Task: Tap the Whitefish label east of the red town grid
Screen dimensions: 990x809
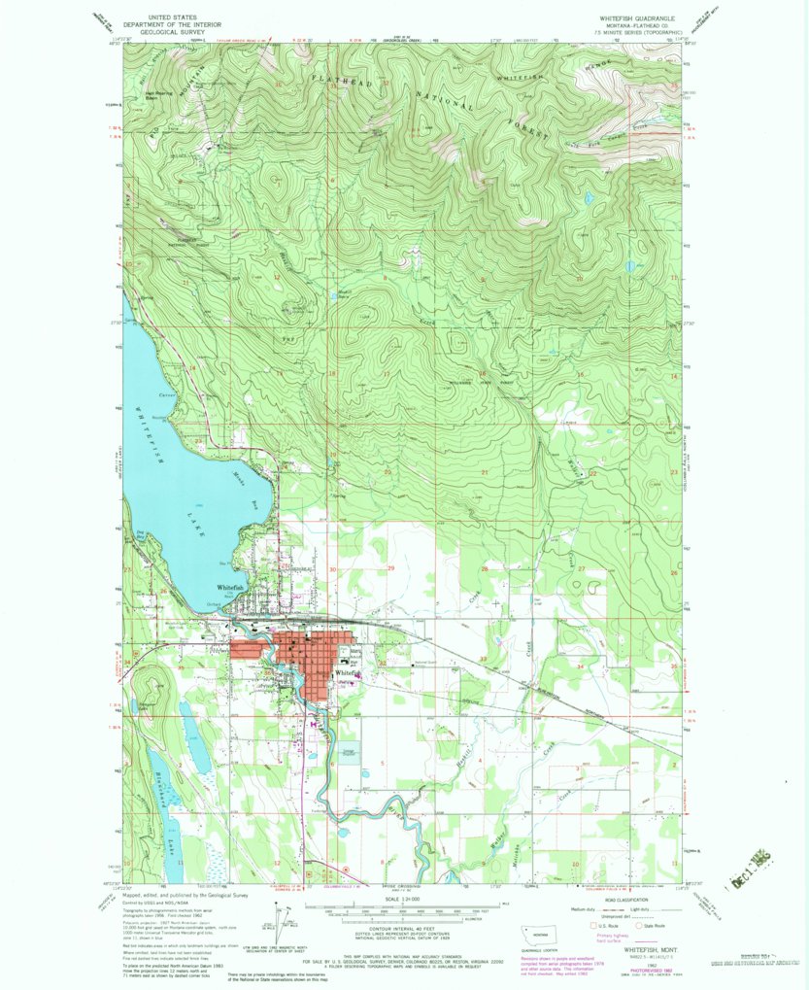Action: (348, 672)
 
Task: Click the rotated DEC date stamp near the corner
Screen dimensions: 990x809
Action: (757, 859)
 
